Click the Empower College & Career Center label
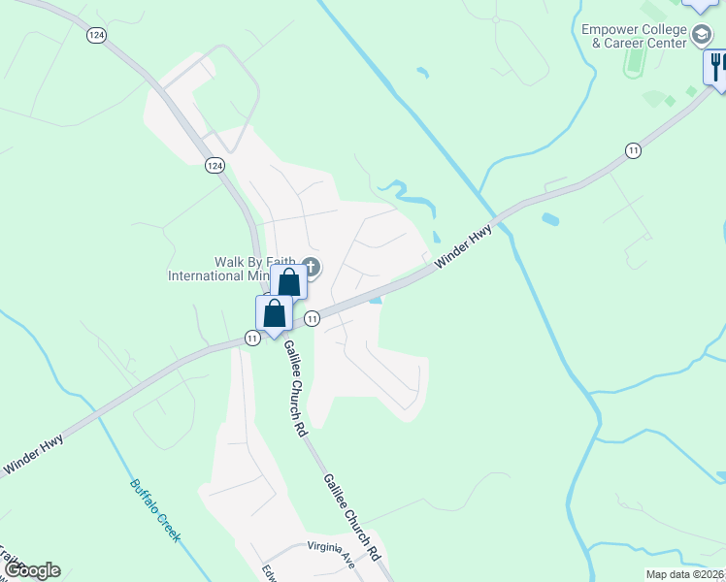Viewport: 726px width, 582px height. tap(634, 36)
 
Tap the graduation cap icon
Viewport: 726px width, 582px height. tap(701, 37)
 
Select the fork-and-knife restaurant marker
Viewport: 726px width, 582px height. tap(716, 67)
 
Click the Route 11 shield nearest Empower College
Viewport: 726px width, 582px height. tap(633, 150)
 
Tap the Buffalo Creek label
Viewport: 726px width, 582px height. tap(155, 508)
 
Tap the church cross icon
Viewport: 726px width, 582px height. tap(311, 267)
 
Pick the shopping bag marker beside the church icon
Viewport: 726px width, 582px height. tap(289, 283)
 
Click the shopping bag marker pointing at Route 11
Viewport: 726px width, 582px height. tap(275, 314)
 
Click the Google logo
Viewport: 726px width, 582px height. tap(31, 570)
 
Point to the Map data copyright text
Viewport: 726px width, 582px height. tap(685, 574)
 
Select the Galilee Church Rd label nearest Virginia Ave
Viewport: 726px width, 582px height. tap(351, 515)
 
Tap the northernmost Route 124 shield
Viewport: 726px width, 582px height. tap(95, 34)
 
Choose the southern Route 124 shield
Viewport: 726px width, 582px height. tap(214, 166)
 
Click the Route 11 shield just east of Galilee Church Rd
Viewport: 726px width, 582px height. tap(312, 318)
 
